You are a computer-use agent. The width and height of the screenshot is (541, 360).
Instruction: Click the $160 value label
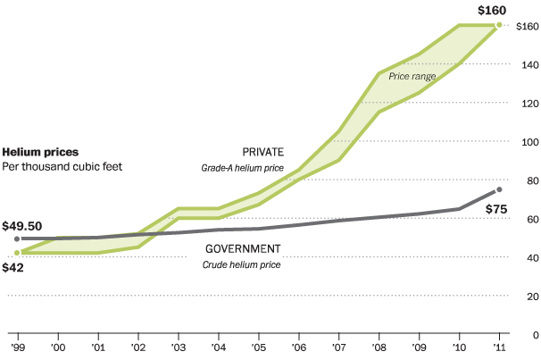[x=491, y=10]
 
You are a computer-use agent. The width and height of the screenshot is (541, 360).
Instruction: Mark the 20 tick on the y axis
[x=529, y=297]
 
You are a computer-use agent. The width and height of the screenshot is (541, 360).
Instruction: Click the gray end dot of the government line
[x=499, y=189]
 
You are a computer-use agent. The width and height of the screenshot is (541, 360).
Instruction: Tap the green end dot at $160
[x=499, y=26]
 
